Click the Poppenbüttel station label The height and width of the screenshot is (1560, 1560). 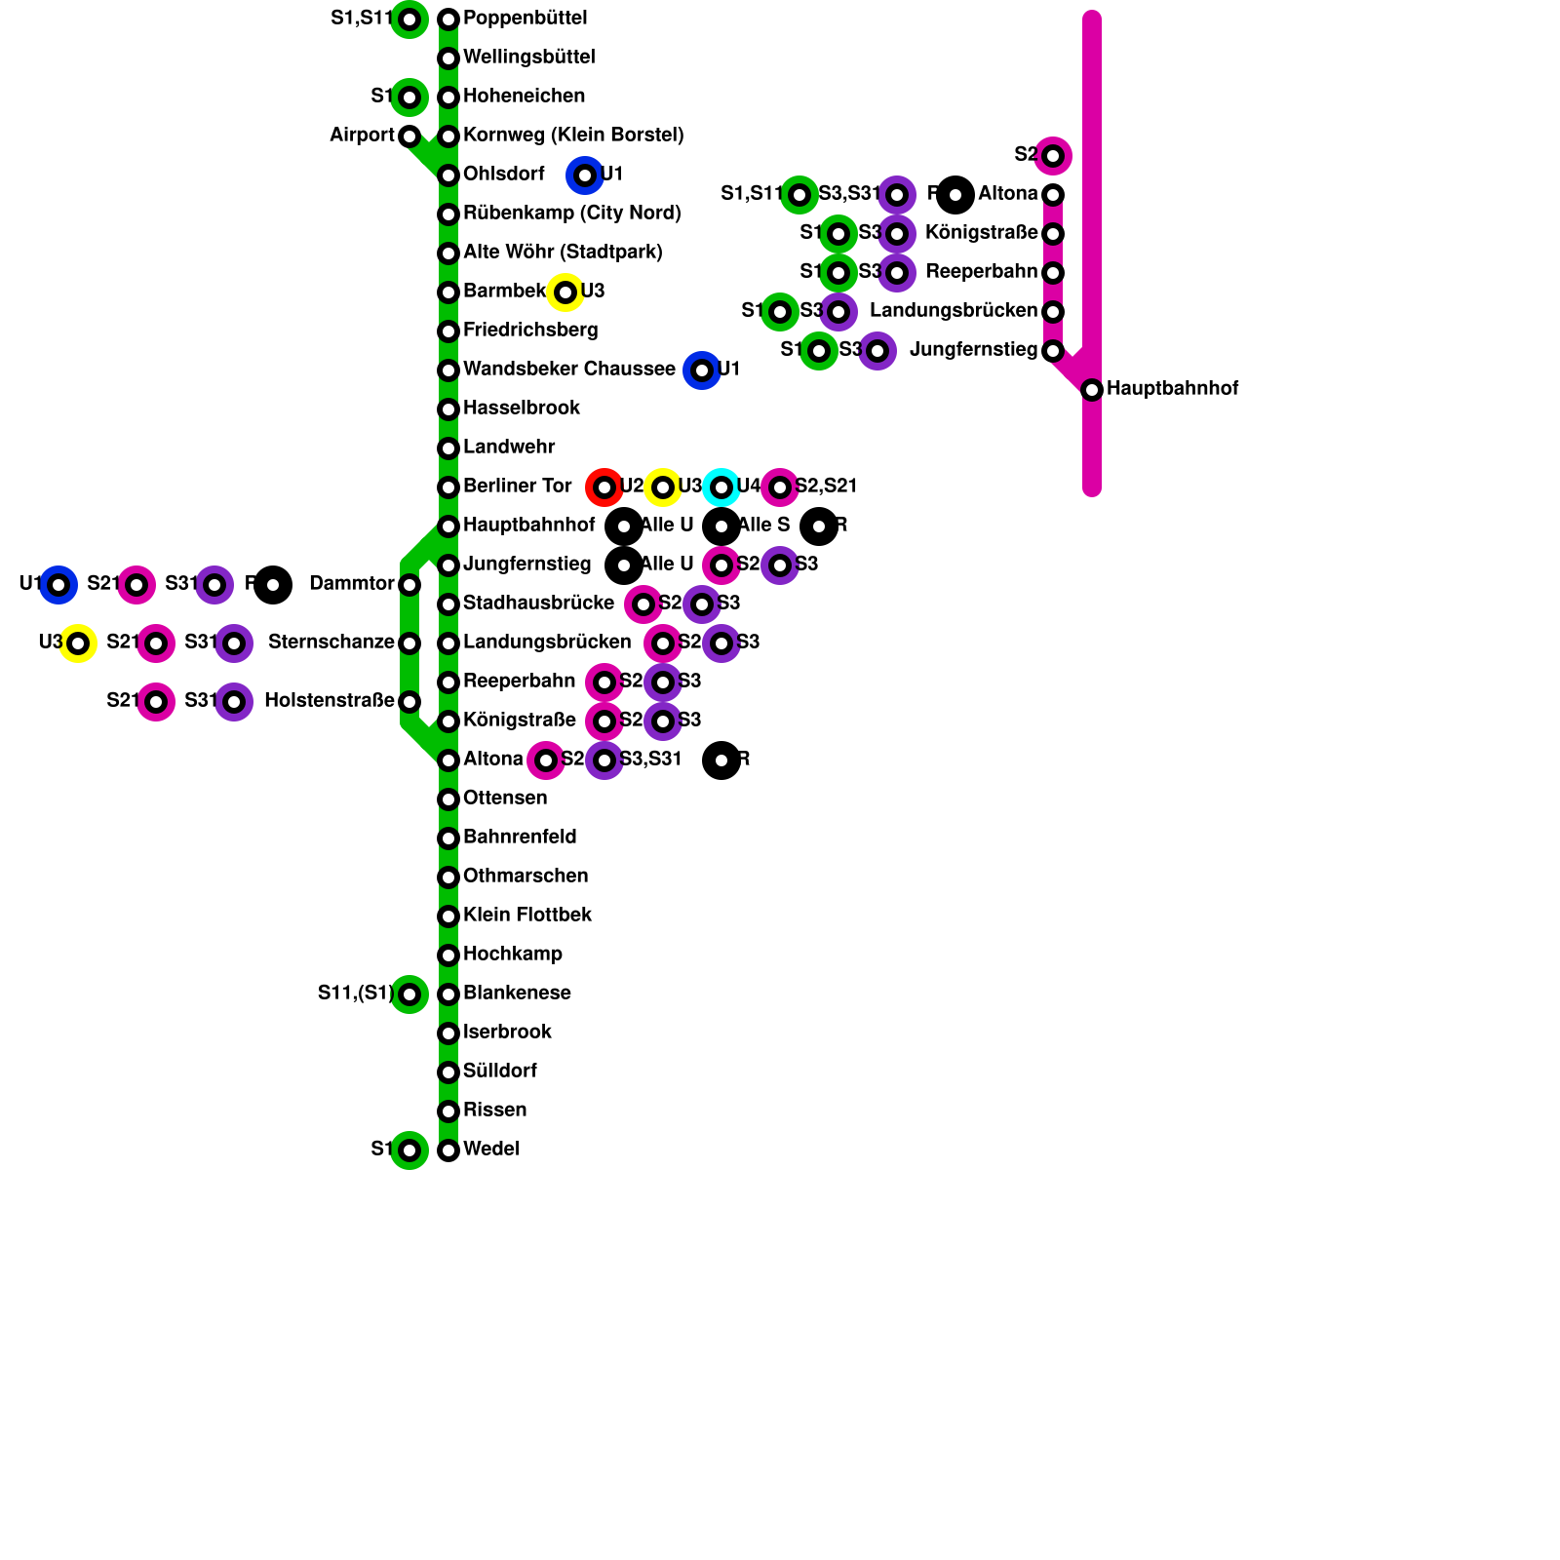click(x=525, y=19)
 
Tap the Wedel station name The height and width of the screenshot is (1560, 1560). click(x=490, y=1150)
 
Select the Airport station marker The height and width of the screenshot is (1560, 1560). click(x=409, y=136)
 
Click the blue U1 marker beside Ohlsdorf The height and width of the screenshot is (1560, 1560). click(x=585, y=175)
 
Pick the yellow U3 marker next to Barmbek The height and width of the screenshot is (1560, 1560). click(x=565, y=292)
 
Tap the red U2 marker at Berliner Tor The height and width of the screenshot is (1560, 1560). click(x=604, y=487)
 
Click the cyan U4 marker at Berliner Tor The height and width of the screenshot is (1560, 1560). click(x=721, y=487)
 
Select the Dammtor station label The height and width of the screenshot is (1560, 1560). click(x=351, y=584)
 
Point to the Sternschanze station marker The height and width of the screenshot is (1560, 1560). click(x=409, y=643)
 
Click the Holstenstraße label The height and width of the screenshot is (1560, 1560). click(x=329, y=701)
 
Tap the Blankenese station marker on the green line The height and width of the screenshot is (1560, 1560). click(x=448, y=994)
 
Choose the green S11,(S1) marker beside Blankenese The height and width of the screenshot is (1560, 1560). click(x=409, y=994)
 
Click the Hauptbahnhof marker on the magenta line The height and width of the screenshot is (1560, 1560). click(x=1092, y=390)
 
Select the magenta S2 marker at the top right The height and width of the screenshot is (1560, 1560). click(x=1053, y=156)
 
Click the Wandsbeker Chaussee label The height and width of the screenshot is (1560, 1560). click(x=568, y=370)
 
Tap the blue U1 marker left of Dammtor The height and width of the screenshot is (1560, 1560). click(x=58, y=585)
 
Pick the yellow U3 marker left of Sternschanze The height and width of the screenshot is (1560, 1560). click(x=78, y=643)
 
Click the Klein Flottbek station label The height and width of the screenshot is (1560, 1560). click(x=526, y=916)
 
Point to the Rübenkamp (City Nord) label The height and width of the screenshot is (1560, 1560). click(x=571, y=214)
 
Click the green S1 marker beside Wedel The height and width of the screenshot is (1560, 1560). click(x=409, y=1150)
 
